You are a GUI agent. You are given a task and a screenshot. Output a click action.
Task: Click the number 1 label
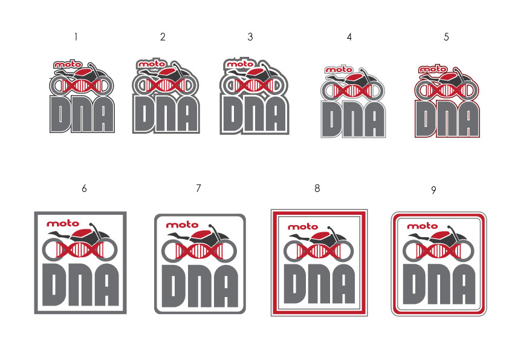pos(76,37)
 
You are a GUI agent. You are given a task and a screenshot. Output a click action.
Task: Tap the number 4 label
pos(349,37)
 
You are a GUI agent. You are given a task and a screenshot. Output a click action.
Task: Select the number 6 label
pos(84,189)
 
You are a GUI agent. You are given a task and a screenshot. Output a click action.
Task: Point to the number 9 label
pos(433,190)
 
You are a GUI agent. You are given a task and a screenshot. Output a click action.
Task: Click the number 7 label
pos(198,189)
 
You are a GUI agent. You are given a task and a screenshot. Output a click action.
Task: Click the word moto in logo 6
pos(60,223)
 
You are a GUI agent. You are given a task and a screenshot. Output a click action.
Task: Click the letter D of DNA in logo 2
pos(143,114)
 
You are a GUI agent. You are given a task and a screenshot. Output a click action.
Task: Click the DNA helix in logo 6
pos(80,250)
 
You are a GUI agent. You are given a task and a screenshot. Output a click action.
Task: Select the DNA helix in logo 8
pos(319,251)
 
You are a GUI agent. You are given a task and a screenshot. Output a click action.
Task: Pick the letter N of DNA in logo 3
pos(253,115)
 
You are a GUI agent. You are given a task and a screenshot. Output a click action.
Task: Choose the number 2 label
pos(163,37)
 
